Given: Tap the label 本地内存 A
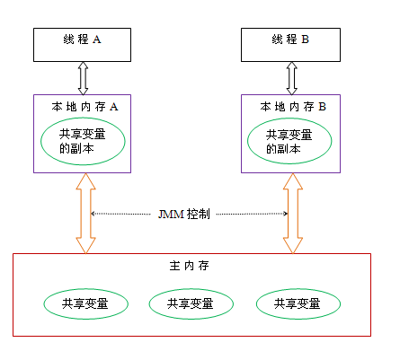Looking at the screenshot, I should click(85, 106).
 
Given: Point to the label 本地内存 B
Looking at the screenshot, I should click(293, 106).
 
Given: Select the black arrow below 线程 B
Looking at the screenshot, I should click(291, 78).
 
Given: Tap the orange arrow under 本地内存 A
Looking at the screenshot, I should click(84, 214).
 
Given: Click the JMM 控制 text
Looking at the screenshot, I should click(183, 215).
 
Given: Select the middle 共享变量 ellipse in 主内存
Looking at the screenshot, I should click(191, 303).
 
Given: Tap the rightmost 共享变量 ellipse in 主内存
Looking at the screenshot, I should click(299, 303).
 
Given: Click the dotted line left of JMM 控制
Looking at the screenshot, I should click(122, 214).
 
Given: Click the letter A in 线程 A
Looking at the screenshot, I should click(96, 40).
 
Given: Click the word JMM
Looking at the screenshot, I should click(168, 215).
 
